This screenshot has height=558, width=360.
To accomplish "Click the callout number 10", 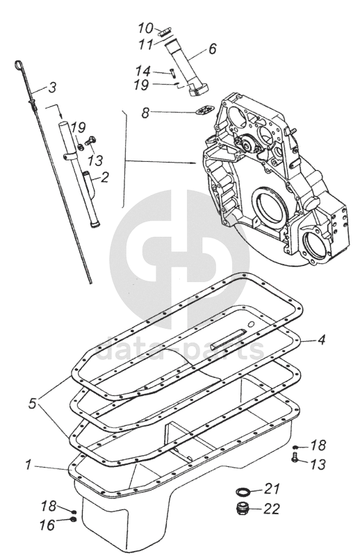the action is coord(146,28).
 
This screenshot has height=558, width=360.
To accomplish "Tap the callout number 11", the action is coord(145,44).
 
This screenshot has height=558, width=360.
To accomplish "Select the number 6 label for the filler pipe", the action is coord(212,48).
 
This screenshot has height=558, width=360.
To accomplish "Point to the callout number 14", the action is coord(142,72).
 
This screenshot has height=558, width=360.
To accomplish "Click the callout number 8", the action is coord(145,113).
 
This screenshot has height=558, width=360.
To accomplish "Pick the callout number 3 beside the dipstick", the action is coord(52,87).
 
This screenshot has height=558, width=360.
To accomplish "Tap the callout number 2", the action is coord(104,177).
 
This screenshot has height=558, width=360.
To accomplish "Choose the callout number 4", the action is coord(321,340).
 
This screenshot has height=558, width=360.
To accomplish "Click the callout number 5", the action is coord(33,404).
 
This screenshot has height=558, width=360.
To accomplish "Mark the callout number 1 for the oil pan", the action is coord(28,465).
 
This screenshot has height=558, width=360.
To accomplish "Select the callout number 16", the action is coord(47,525).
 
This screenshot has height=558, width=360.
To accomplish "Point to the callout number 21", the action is coord(272,489).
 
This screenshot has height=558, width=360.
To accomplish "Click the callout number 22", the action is coord(271,509).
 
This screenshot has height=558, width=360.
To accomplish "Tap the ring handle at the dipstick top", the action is coord(19,65).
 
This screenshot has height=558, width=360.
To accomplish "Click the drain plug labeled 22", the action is coord(243,508).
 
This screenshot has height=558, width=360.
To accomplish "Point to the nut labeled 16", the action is coord(74,520).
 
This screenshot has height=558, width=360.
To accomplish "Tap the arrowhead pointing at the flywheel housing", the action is coord(194,163).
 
